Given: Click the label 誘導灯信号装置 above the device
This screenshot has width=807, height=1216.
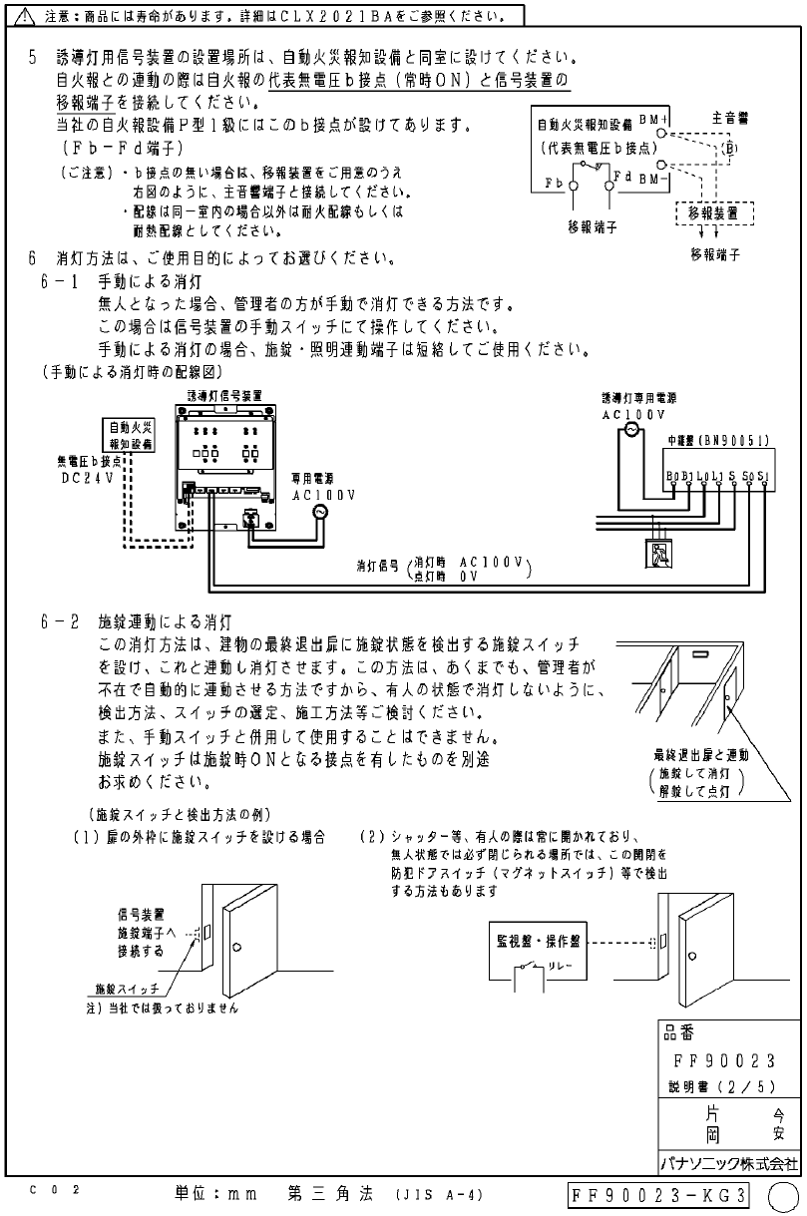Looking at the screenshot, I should coord(226,395).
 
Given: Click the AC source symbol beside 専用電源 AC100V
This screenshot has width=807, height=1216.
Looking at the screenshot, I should coord(319,511).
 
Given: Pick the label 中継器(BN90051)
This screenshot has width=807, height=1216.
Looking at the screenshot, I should coord(718,439).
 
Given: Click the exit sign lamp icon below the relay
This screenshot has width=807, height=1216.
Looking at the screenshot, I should coord(658,552).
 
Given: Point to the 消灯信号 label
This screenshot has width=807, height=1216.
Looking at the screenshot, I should coord(379,565).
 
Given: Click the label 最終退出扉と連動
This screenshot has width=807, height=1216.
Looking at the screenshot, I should coord(701,754).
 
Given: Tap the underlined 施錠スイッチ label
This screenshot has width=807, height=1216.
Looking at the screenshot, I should coord(127,989).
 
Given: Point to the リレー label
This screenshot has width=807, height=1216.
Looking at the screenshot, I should coord(561,967).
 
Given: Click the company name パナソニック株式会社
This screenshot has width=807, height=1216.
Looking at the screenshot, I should coord(729,1163).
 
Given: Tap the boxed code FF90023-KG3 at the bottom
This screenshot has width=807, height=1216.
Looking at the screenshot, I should coord(658,1194).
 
